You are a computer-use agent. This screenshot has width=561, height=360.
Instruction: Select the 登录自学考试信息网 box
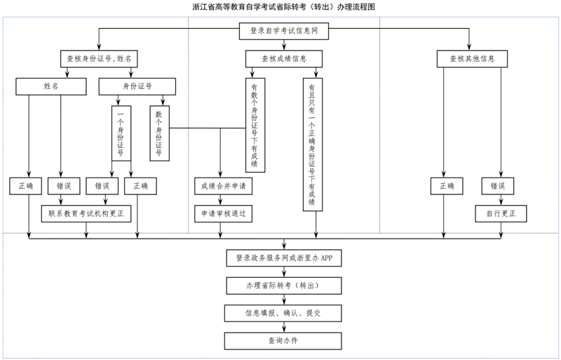coord(284,32)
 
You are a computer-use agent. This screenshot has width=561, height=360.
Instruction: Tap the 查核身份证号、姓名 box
coord(99,59)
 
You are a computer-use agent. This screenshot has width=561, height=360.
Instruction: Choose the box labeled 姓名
coord(51,86)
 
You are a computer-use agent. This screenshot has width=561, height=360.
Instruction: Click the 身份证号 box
coord(137,86)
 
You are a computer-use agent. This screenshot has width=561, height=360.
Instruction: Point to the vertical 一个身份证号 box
coord(121,133)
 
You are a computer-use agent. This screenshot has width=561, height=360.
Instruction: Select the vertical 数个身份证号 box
coord(159,133)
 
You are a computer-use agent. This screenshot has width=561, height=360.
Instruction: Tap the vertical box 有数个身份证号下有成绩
coord(254,124)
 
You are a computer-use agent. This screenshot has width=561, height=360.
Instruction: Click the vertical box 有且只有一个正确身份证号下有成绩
coord(312,144)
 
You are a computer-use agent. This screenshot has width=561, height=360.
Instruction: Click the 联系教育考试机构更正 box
coord(86,213)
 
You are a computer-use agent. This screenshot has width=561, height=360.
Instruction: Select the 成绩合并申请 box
coord(223,186)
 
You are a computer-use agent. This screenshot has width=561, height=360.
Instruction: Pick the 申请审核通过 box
coord(223,213)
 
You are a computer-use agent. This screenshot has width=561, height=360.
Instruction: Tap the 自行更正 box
coord(501,213)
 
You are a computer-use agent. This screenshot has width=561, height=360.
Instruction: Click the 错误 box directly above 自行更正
coord(498,186)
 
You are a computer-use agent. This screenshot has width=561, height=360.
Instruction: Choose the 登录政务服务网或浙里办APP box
coord(284,258)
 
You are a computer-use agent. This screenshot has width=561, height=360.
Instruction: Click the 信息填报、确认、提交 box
coord(284,313)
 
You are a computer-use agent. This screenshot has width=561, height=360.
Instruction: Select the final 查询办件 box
coord(284,340)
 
